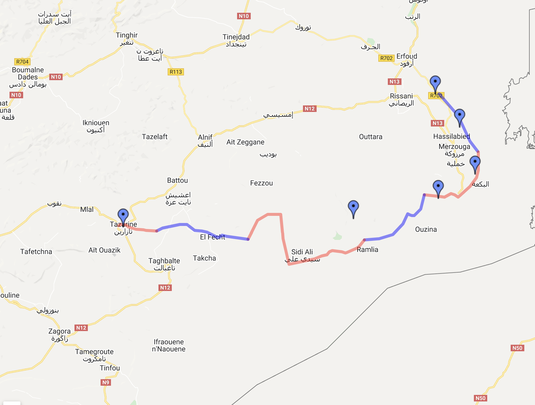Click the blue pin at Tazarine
(x=123, y=215)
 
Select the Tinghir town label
(x=127, y=35)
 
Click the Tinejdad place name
(x=236, y=37)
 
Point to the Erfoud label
(x=407, y=56)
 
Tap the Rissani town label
(x=401, y=96)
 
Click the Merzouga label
(x=454, y=147)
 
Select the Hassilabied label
(x=452, y=137)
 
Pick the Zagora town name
(x=60, y=331)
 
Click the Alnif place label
(x=205, y=137)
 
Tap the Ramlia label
(x=367, y=250)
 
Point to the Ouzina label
(x=426, y=230)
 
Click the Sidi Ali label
(x=302, y=252)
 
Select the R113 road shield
(x=176, y=72)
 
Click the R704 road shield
(x=23, y=62)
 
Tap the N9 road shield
(x=106, y=382)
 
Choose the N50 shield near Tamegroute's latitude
(x=517, y=348)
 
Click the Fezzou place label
(x=261, y=183)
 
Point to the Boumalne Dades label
(x=28, y=74)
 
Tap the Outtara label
(x=371, y=137)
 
